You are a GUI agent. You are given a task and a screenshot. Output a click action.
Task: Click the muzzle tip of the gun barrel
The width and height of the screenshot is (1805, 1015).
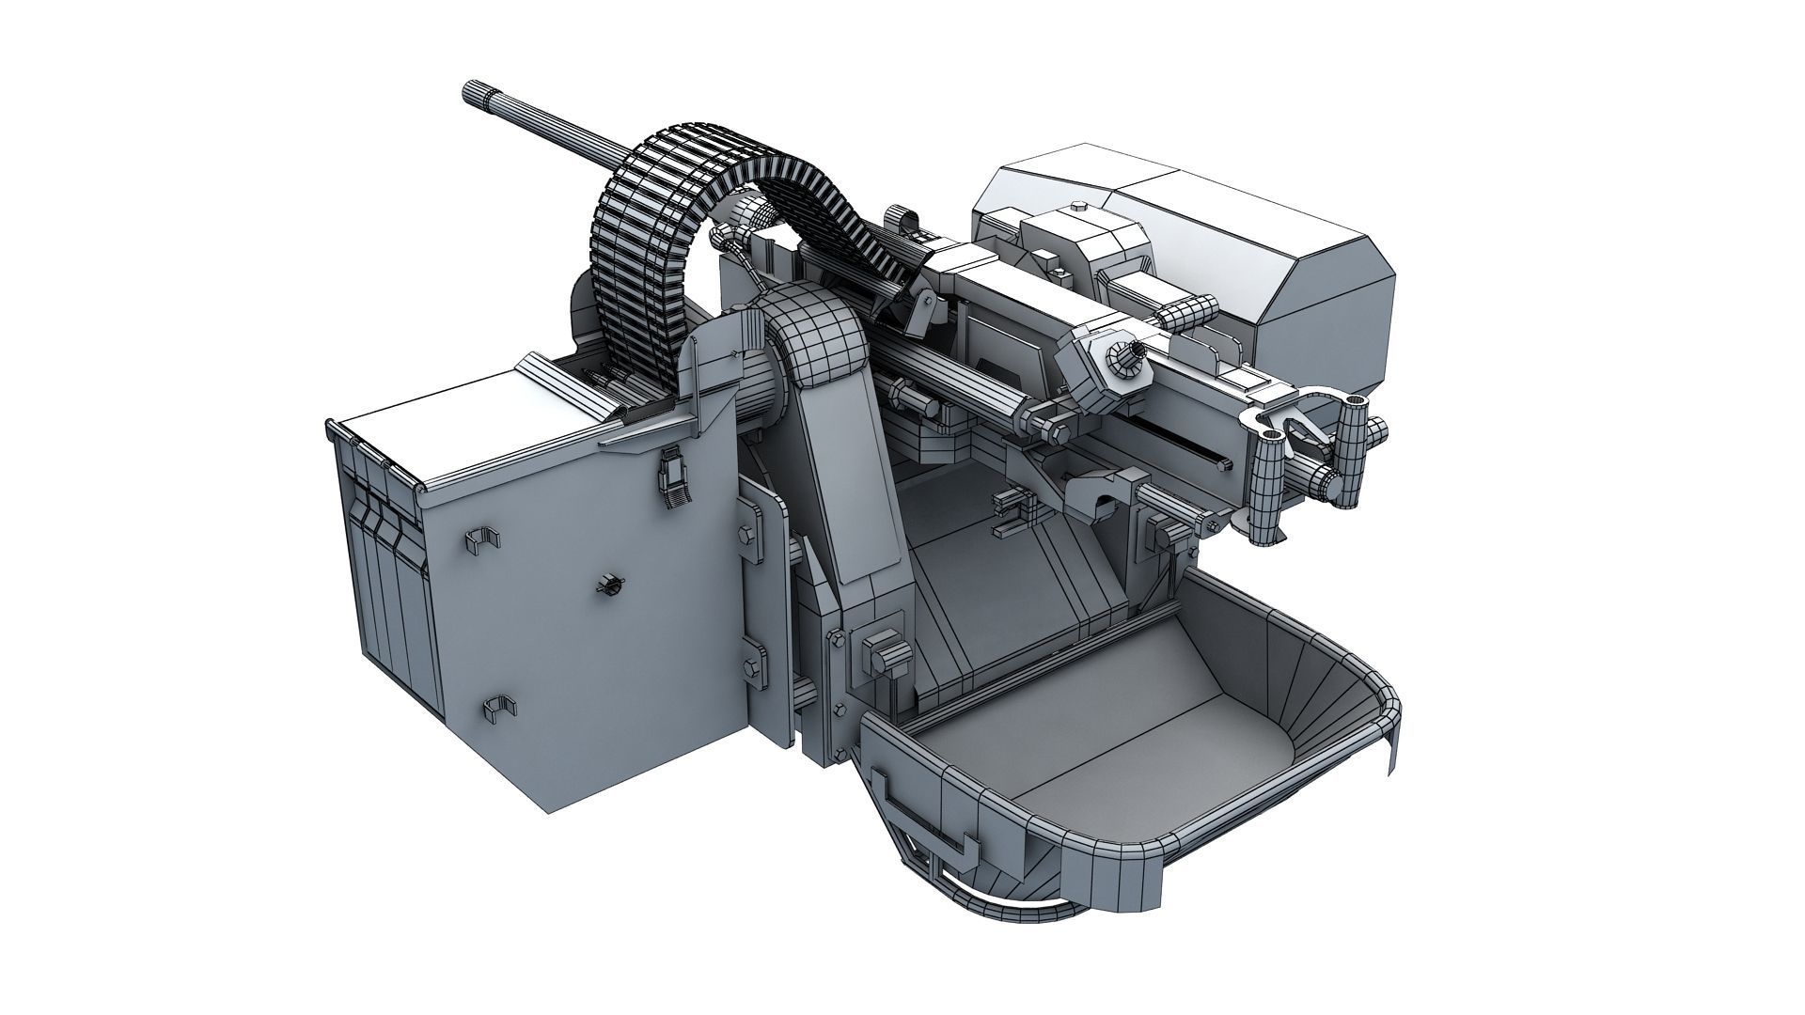[x=470, y=92]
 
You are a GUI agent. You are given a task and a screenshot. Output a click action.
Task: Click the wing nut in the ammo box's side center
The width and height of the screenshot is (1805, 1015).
[x=608, y=586]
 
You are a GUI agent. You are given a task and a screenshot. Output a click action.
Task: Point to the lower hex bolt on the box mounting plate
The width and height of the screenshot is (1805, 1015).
[x=749, y=665]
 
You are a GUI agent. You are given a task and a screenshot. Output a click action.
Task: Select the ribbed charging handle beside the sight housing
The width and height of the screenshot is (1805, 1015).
[x=1186, y=312]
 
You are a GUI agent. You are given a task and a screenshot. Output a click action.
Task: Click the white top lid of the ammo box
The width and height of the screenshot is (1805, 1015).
[x=470, y=414]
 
